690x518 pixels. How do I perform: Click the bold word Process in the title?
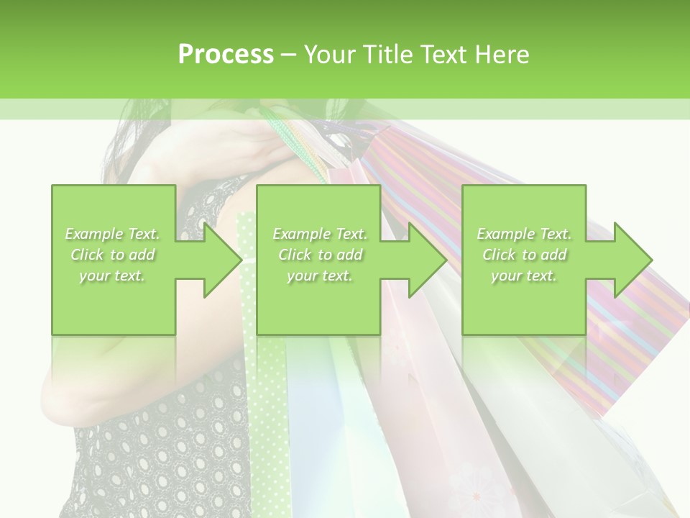tap(226, 54)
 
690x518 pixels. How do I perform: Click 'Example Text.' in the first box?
tap(113, 234)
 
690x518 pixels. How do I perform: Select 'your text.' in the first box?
tap(113, 276)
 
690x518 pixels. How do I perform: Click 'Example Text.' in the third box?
tap(524, 234)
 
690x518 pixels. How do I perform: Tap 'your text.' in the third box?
tap(524, 276)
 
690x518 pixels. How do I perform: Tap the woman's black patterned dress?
tap(165, 446)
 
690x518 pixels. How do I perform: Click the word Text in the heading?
tap(443, 54)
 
